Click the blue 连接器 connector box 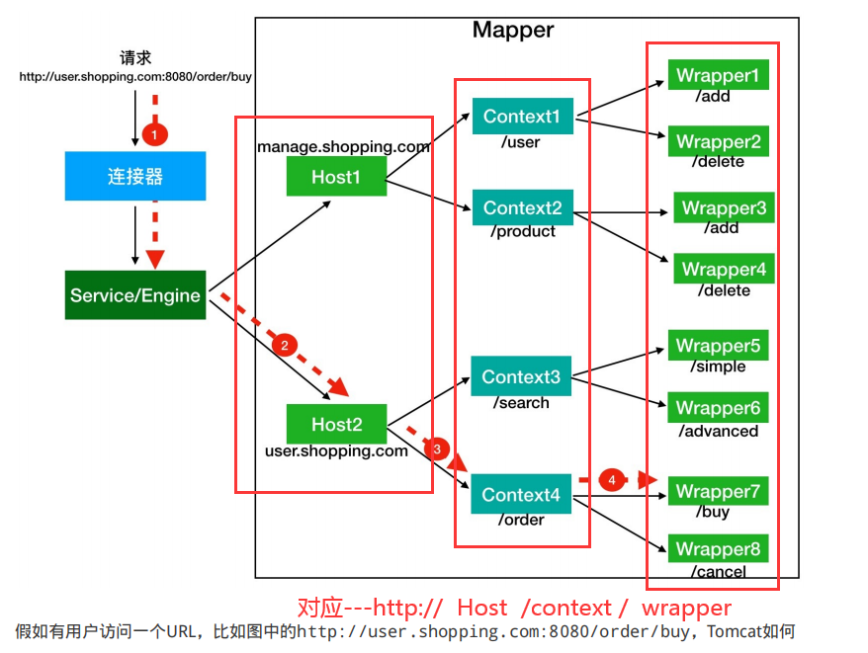tap(135, 176)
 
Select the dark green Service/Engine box tap(135, 294)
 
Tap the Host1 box tap(336, 177)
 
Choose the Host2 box tap(336, 424)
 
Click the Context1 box tap(521, 117)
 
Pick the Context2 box tap(521, 207)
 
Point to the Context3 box tap(521, 376)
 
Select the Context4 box tap(521, 494)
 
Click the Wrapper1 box tap(718, 75)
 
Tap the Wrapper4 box tap(724, 269)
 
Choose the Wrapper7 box tap(718, 491)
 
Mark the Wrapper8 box tap(718, 549)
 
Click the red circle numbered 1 tap(153, 131)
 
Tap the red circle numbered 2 tap(284, 345)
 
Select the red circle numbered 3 tap(437, 449)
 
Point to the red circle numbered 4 tap(612, 480)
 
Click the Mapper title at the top tap(513, 30)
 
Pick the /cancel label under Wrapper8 tap(720, 571)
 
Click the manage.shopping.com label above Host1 tap(343, 147)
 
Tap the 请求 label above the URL tap(135, 58)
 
